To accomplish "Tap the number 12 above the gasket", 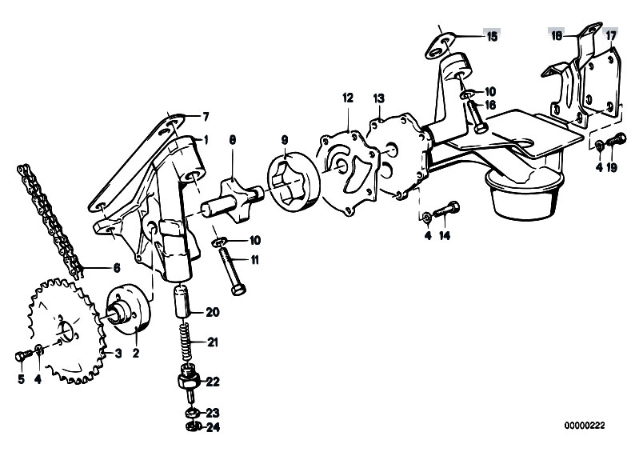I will click(347, 98).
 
